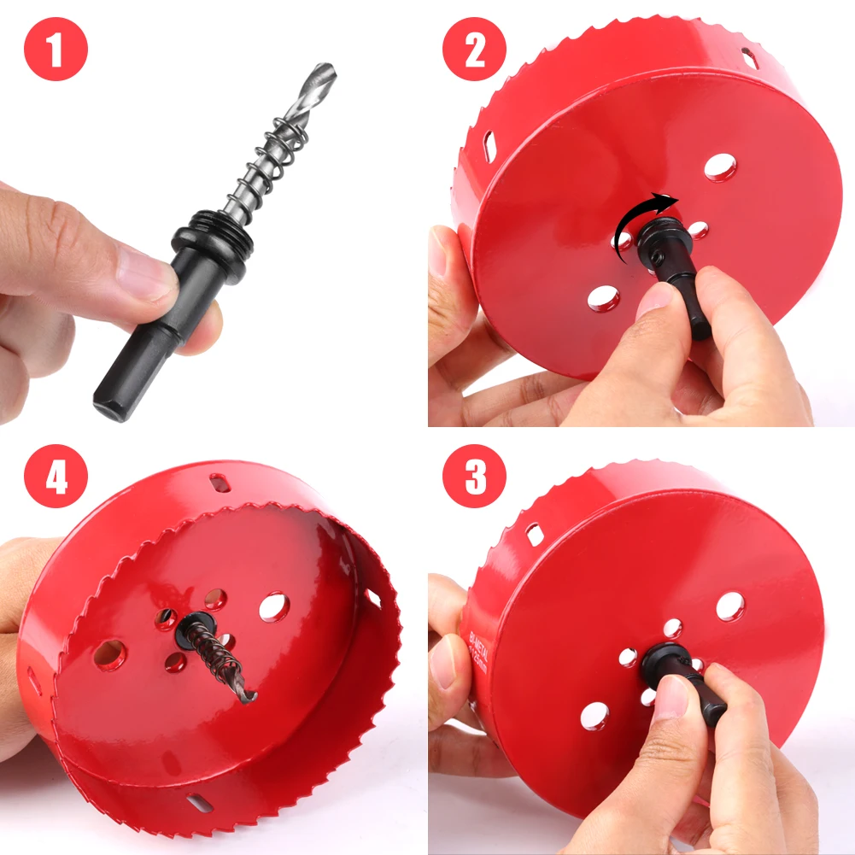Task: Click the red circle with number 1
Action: (56, 50)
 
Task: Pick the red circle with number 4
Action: (56, 477)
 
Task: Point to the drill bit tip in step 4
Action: (249, 697)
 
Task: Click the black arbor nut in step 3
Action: (663, 662)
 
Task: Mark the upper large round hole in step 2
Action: (720, 167)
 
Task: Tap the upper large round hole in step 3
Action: (729, 606)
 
